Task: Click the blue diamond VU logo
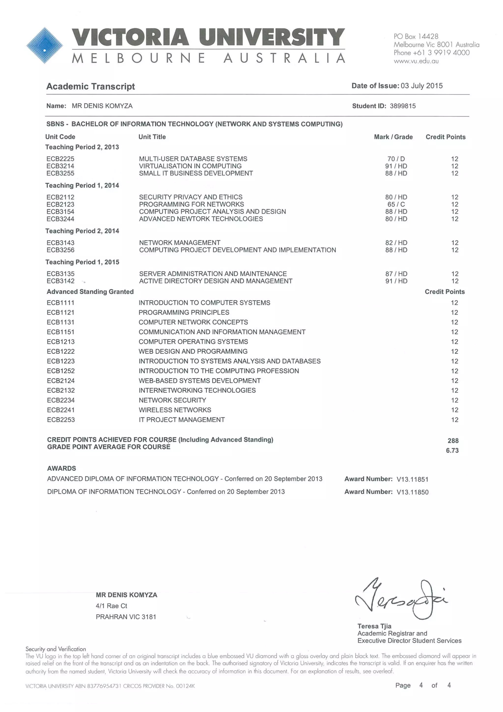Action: click(45, 45)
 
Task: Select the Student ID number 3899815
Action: click(403, 106)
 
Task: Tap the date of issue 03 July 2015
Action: click(421, 86)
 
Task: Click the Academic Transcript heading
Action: click(90, 87)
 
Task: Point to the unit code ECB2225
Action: click(60, 159)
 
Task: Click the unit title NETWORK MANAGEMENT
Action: click(180, 243)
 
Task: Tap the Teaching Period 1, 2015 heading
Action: click(82, 262)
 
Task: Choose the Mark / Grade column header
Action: click(393, 137)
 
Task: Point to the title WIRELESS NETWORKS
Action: click(175, 410)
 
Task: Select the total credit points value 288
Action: click(453, 441)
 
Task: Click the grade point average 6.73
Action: click(452, 450)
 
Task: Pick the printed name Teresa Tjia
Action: click(374, 626)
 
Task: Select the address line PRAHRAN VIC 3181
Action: click(126, 617)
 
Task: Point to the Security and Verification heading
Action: click(56, 649)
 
